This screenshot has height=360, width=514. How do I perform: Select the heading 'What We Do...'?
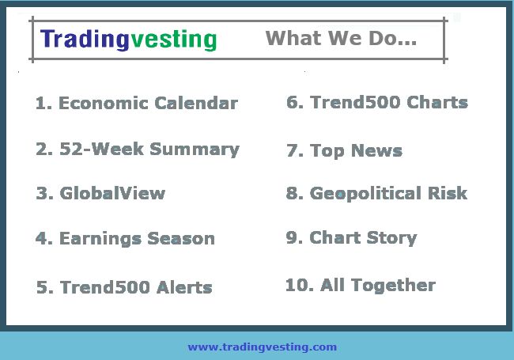point(341,38)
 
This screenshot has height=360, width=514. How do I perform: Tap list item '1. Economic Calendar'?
point(137,104)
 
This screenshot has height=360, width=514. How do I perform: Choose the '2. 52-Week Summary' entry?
point(137,150)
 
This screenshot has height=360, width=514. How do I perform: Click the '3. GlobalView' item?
point(100,194)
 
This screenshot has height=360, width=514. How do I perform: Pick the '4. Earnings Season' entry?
point(125,239)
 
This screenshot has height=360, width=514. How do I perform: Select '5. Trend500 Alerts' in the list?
point(124,287)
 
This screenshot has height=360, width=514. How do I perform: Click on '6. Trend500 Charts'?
point(377,103)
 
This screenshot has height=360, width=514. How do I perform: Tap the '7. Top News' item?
point(345,150)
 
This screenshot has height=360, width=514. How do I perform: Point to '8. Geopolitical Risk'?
point(377,194)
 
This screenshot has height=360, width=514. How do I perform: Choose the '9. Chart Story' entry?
point(352,238)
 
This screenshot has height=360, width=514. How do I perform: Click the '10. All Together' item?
point(361,286)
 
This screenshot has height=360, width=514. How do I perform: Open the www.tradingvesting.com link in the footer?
point(262,347)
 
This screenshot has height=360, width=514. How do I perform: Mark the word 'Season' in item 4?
point(183,239)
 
